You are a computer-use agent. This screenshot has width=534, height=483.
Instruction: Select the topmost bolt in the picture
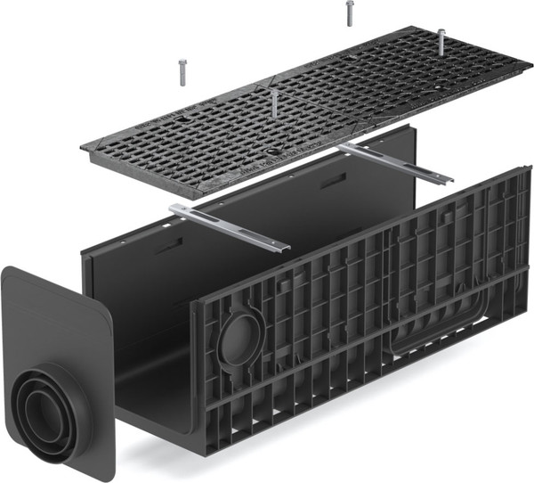(x=349, y=12)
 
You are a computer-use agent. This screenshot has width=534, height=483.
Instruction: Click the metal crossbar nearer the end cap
(x=231, y=226)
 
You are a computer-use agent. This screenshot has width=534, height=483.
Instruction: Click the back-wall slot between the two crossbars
(x=332, y=181)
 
